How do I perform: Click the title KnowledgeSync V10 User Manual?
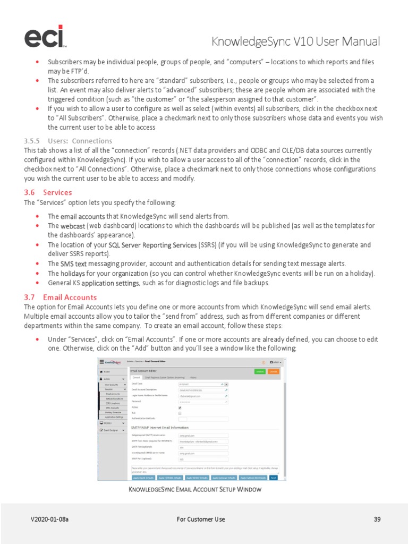click(x=295, y=41)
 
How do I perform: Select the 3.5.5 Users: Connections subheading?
click(x=68, y=141)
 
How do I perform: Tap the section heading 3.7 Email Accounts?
click(x=60, y=297)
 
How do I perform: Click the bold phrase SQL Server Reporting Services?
click(x=152, y=245)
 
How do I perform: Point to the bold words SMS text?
click(x=73, y=263)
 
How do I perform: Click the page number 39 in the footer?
click(x=377, y=519)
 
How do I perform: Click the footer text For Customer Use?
click(x=201, y=519)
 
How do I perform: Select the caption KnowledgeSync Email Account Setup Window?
click(x=195, y=489)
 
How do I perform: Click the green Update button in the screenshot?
click(x=259, y=371)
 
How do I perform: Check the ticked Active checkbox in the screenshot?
click(x=180, y=408)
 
